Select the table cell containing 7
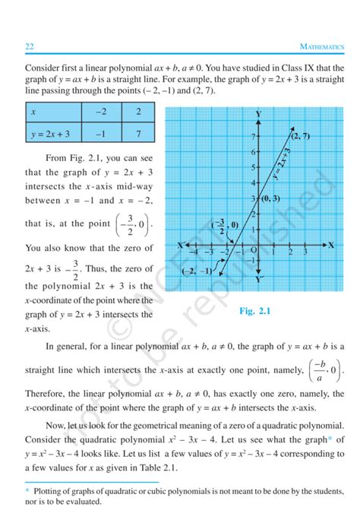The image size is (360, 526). point(139,134)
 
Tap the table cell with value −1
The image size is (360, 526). point(101,134)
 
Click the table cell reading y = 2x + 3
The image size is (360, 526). point(51,134)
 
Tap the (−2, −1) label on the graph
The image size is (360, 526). point(199,272)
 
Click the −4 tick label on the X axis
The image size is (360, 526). point(194,251)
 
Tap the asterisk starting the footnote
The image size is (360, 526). point(27,492)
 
